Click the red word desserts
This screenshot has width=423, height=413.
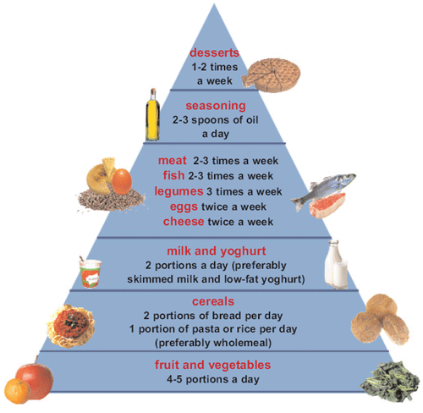[x=214, y=52]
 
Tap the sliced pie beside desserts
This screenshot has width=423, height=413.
[x=272, y=75]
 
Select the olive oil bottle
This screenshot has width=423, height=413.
[x=153, y=115]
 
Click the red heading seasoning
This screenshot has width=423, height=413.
[x=216, y=106]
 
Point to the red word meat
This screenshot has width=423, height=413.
[x=173, y=161]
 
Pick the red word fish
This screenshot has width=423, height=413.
[x=173, y=175]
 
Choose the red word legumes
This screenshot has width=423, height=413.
[x=179, y=191]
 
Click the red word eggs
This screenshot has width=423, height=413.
[x=184, y=207]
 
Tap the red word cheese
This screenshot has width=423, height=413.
[x=184, y=222]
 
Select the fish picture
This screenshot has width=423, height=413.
[x=324, y=189]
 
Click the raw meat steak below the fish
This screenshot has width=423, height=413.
[x=327, y=206]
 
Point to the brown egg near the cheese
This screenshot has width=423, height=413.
[x=122, y=181]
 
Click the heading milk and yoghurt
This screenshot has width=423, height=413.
[x=217, y=251]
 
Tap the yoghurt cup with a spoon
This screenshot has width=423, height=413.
[x=90, y=273]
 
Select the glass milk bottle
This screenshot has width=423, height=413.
[x=336, y=265]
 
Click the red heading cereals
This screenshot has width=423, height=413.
[x=213, y=301]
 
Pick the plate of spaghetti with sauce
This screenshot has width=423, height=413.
[x=70, y=326]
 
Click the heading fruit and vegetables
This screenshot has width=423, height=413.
[x=213, y=365]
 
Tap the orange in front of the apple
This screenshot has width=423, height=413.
[x=17, y=391]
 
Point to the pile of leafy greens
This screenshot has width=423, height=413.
[x=390, y=382]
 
